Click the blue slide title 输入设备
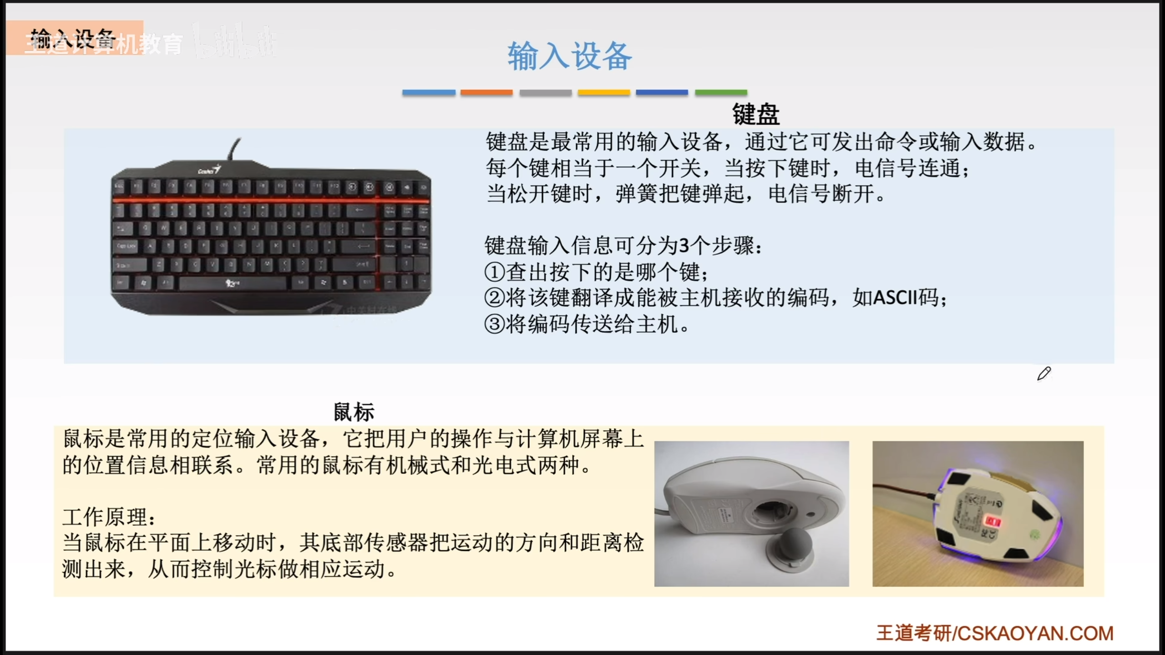point(570,56)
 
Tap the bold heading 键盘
point(755,114)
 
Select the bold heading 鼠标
point(354,412)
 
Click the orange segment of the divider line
point(486,92)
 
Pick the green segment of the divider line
point(721,92)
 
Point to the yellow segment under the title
point(604,92)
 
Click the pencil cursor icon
point(1044,374)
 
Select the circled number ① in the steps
point(495,272)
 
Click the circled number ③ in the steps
point(495,324)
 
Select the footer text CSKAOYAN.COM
point(1035,634)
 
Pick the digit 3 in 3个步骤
point(684,246)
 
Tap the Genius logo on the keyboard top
point(209,170)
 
